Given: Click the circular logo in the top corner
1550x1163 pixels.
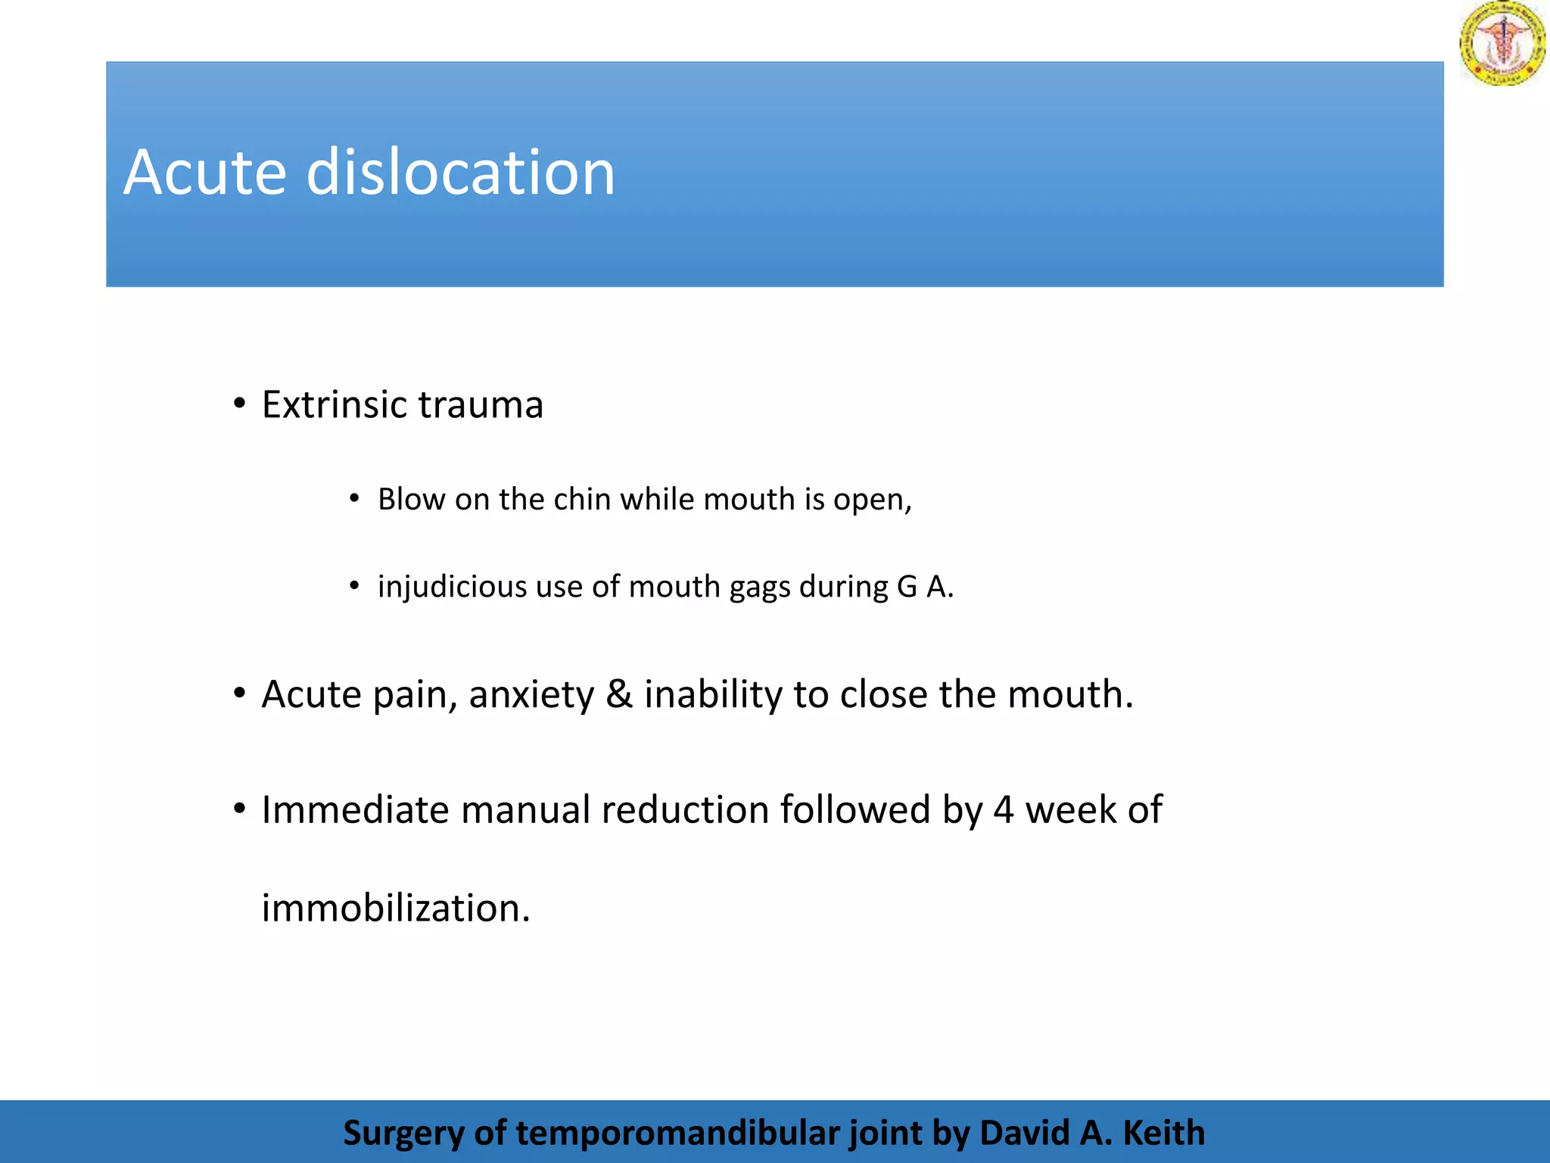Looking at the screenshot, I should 1502,43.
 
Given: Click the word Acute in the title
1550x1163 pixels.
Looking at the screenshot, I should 204,173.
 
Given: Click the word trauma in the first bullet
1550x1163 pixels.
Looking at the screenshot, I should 481,404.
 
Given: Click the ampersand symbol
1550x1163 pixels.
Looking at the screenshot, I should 619,694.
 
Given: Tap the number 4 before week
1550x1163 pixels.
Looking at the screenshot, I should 1004,810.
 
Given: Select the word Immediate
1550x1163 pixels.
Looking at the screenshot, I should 355,810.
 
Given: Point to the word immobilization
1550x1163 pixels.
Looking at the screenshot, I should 395,908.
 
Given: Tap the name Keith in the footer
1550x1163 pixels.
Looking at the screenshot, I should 1163,1133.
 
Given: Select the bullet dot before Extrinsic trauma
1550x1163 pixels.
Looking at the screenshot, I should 240,404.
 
